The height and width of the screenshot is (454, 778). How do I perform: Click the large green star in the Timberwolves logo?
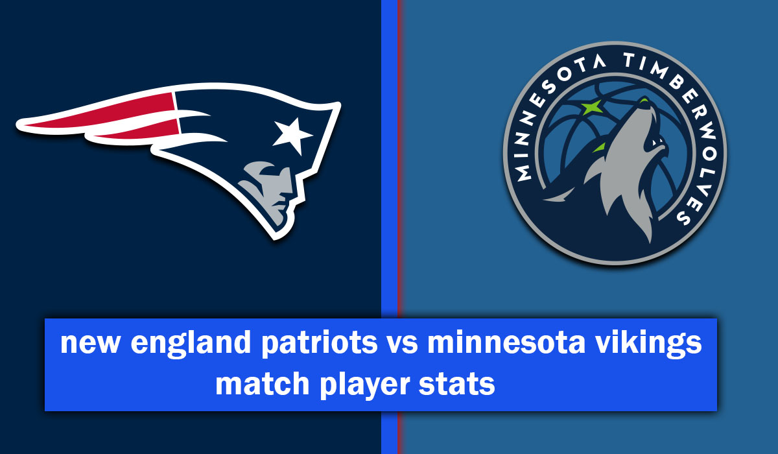(592, 107)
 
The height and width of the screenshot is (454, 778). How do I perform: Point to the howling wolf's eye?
(655, 143)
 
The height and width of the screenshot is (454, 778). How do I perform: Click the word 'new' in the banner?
(90, 343)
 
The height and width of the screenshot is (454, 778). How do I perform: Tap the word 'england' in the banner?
(191, 343)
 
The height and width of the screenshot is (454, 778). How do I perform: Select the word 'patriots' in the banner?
(319, 343)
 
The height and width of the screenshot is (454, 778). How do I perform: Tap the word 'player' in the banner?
(364, 385)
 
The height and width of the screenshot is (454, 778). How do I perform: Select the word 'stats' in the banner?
(456, 385)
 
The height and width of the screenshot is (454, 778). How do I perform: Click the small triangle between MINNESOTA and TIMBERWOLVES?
(599, 62)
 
